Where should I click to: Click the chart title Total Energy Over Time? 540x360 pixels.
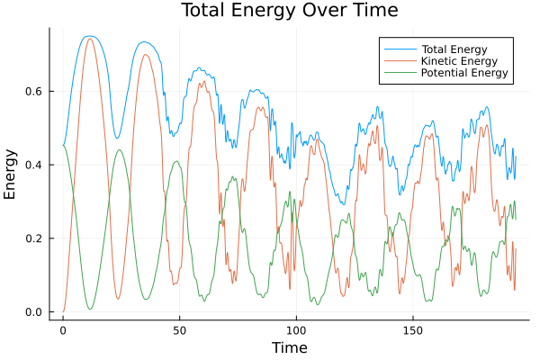coord(289,11)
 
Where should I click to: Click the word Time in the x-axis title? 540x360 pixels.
coord(289,347)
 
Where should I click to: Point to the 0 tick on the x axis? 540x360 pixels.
coord(63,330)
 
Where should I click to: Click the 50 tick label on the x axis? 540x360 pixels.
coord(179,330)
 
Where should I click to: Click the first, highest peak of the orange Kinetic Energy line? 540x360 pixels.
coord(89,39)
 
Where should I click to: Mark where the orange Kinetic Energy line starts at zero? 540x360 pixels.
coord(63,311)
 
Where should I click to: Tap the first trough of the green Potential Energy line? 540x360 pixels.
coord(90,310)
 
